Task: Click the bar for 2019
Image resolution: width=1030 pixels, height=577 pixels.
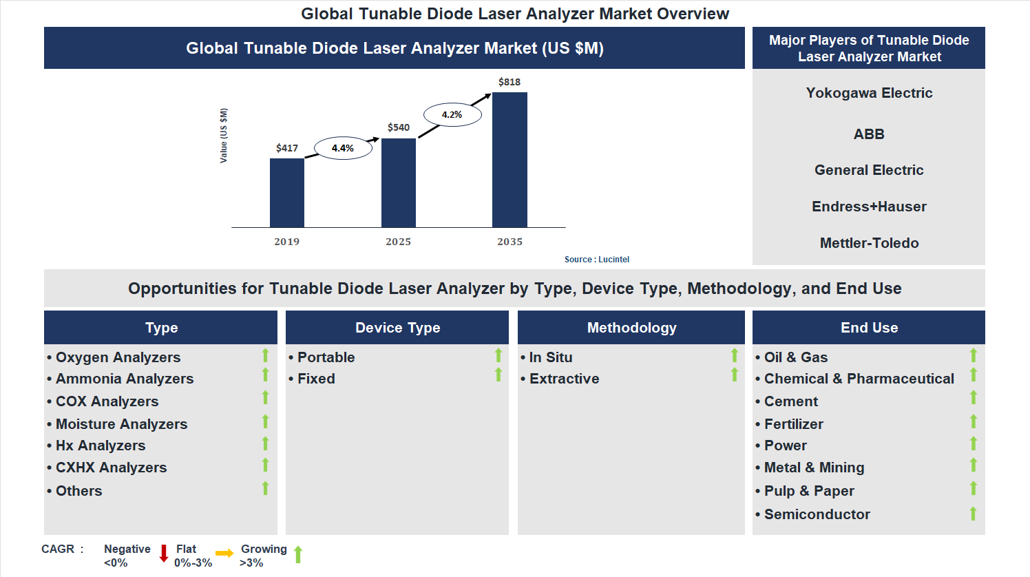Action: point(286,193)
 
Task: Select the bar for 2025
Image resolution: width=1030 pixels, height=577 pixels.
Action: point(398,182)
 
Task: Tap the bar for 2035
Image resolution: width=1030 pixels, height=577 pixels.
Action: point(509,160)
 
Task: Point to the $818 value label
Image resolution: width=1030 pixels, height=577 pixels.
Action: point(509,82)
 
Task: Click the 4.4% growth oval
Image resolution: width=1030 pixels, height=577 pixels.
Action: point(343,148)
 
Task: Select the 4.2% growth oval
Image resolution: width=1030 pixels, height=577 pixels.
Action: point(452,114)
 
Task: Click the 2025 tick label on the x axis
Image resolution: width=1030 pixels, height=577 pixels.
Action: point(398,242)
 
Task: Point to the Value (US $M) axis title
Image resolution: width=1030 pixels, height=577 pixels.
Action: point(224,136)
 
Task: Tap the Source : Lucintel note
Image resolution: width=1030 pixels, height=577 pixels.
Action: point(596,260)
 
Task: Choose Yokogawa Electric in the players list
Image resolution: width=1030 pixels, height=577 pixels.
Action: point(869,93)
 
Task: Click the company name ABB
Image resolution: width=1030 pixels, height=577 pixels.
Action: point(869,134)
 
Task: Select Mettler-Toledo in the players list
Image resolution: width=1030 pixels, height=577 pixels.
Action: point(869,243)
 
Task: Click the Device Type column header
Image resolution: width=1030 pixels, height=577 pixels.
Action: point(397,328)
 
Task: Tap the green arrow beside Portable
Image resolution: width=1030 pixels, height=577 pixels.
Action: point(498,355)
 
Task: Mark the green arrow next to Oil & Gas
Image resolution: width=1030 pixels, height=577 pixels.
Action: point(974,355)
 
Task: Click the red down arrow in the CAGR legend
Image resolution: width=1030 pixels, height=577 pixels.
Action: point(164,554)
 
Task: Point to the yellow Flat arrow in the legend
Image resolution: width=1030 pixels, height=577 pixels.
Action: point(224,553)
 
